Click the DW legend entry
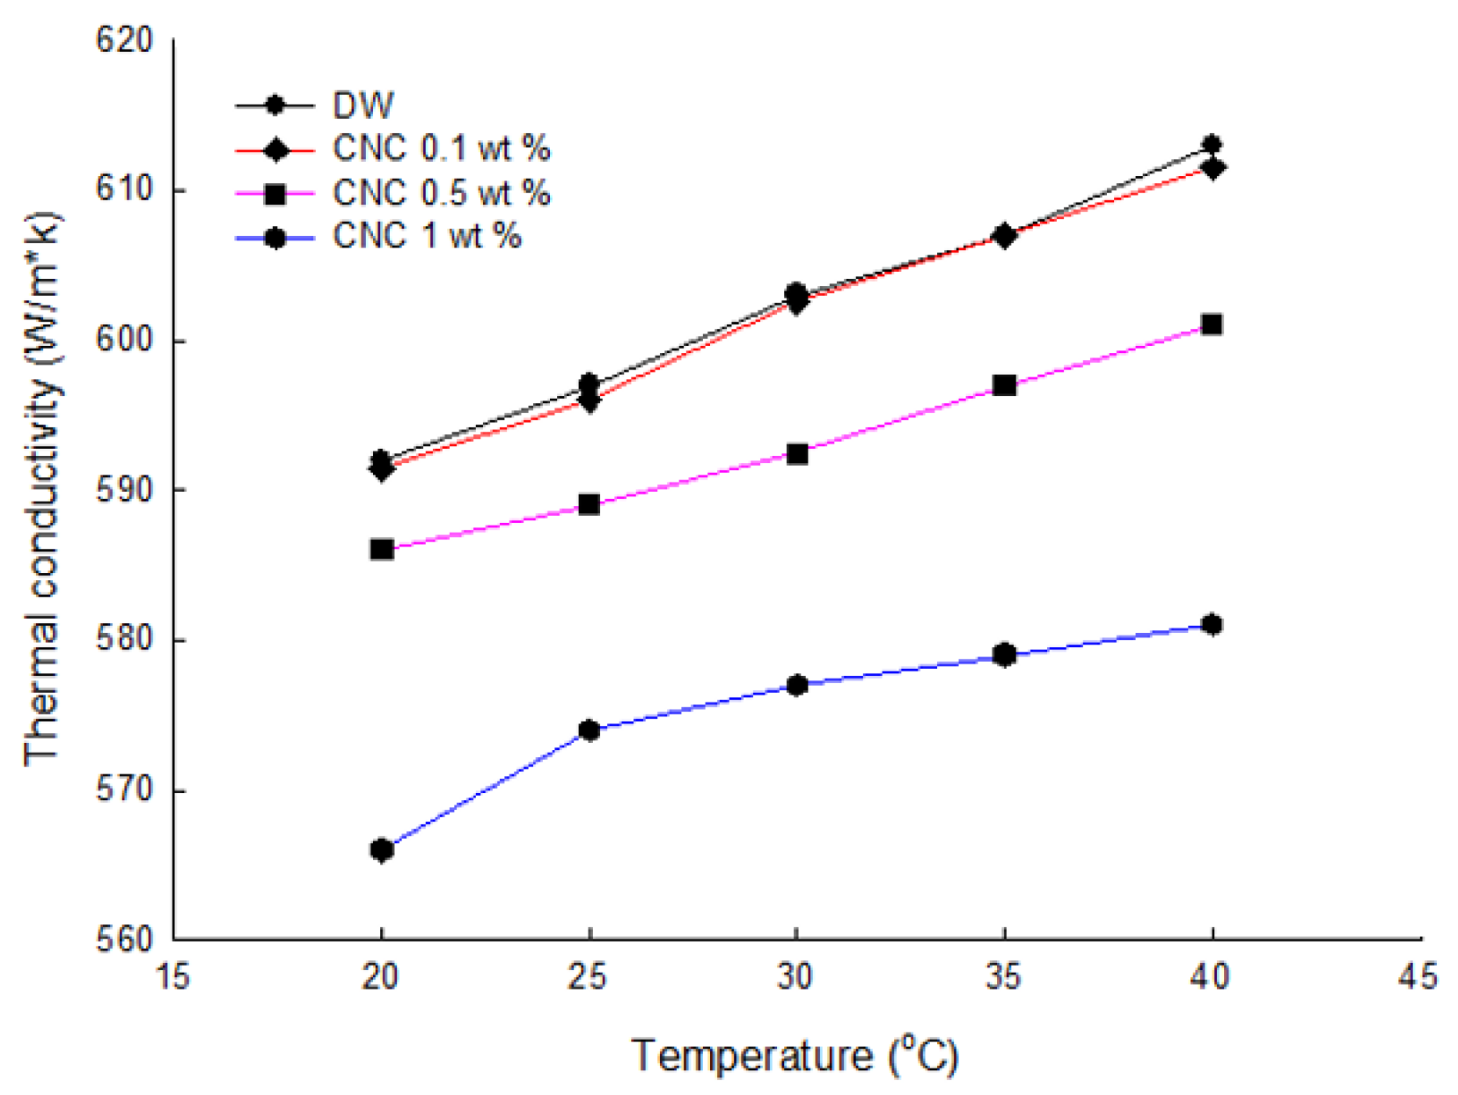point(363,106)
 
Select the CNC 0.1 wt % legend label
point(441,149)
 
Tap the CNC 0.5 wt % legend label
point(441,193)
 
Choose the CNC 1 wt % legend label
point(427,236)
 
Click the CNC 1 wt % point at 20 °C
point(382,850)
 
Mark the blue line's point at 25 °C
point(590,731)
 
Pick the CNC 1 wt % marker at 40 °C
point(1212,625)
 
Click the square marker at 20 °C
point(382,549)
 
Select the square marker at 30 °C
point(797,454)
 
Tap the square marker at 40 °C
point(1212,325)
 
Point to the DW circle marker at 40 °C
point(1212,144)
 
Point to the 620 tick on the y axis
point(124,40)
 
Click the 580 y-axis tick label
point(124,640)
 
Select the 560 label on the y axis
point(124,939)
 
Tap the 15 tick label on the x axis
point(172,976)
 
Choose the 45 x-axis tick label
point(1418,976)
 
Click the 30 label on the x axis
point(795,976)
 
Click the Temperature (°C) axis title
point(795,1055)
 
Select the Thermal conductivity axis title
point(42,489)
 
